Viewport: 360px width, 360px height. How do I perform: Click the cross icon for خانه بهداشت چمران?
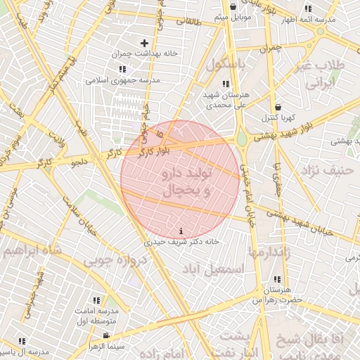(x=146, y=44)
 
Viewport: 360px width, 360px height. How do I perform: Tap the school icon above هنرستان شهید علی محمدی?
(x=225, y=84)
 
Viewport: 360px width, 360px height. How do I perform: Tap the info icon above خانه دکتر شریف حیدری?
(x=183, y=231)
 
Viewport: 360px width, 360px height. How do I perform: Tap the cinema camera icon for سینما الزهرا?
(x=105, y=336)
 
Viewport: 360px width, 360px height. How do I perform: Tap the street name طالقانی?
(x=188, y=22)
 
